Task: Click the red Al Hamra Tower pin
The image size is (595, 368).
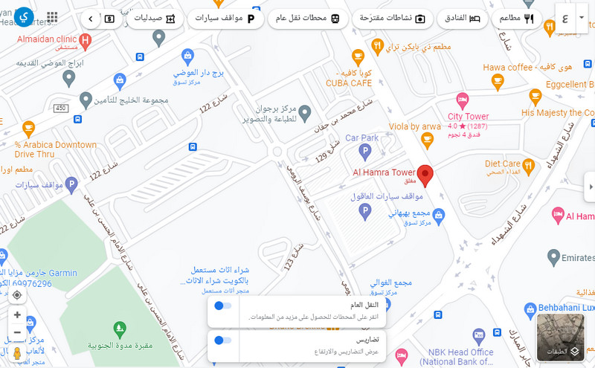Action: [425, 175]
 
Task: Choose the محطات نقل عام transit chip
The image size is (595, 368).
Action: [307, 19]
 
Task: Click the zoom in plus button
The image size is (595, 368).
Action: [17, 314]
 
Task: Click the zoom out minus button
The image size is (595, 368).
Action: [17, 332]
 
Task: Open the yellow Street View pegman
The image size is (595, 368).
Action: [17, 354]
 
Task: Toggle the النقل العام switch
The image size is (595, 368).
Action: [222, 306]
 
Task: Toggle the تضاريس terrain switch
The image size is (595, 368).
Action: [222, 340]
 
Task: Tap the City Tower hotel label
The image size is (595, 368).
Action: [468, 117]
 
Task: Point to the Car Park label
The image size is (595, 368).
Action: [361, 138]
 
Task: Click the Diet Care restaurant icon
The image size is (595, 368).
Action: [528, 164]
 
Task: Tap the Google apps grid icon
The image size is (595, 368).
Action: [52, 18]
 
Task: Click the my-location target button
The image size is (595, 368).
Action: [17, 294]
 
